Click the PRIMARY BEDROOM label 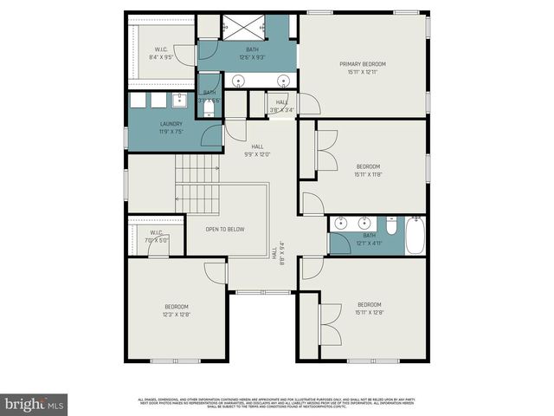point(363,64)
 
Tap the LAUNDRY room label point(171,124)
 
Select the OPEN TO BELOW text point(224,229)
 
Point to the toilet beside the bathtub point(392,226)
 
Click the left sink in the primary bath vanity point(238,81)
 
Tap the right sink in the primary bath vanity point(282,81)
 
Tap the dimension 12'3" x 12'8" point(177,315)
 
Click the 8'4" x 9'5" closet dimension point(161,57)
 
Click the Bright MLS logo point(34,404)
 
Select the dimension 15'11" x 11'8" point(368,174)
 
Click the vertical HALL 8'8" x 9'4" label point(278,252)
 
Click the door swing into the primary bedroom point(308,103)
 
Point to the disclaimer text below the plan point(276,402)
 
